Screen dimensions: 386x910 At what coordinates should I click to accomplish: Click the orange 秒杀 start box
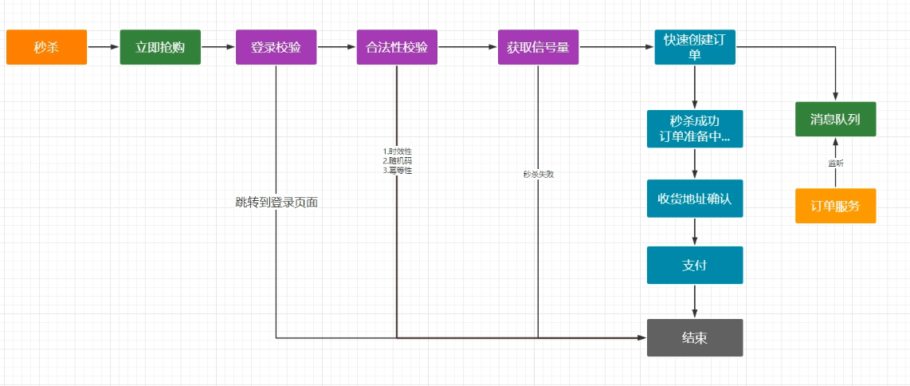[x=46, y=47]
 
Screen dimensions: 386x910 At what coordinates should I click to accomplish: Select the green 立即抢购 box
[x=160, y=47]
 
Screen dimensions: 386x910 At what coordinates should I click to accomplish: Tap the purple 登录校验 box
[x=276, y=47]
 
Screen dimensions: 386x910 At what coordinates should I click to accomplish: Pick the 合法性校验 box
[x=397, y=47]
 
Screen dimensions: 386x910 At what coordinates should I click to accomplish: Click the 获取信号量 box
[x=538, y=47]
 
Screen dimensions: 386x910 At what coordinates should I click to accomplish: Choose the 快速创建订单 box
[x=695, y=47]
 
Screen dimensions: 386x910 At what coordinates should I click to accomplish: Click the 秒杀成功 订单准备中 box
[x=695, y=128]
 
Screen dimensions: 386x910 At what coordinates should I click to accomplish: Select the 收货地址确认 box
[x=695, y=199]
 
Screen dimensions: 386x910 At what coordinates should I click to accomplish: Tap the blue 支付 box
[x=695, y=265]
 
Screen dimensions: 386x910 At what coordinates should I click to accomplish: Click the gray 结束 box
[x=695, y=337]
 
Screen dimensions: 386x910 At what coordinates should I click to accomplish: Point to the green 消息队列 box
[x=835, y=120]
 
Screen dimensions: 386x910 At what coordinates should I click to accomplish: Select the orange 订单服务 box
[x=835, y=206]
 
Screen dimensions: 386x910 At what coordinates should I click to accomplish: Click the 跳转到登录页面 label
[x=277, y=203]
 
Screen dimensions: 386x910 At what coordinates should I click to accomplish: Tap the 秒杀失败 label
[x=538, y=173]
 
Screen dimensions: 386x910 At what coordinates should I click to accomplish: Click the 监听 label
[x=835, y=163]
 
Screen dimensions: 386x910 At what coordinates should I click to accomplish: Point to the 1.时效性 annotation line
[x=397, y=151]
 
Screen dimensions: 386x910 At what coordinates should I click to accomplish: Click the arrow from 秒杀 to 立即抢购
[x=104, y=47]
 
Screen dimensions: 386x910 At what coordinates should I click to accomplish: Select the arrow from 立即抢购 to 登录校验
[x=218, y=47]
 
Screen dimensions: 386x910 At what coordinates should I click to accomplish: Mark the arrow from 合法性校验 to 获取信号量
[x=468, y=47]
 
